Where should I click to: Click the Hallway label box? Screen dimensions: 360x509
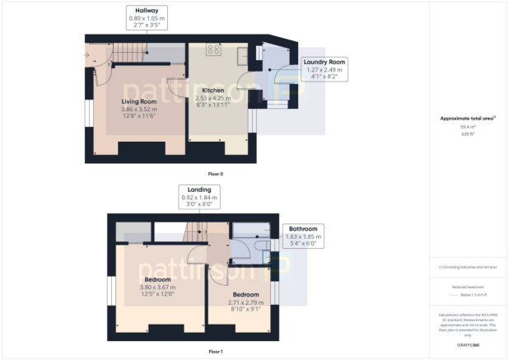tap(147, 18)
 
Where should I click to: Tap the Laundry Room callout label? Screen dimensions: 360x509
tap(325, 68)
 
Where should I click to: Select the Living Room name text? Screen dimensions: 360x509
tap(139, 101)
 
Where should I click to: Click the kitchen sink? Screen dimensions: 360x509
tap(242, 57)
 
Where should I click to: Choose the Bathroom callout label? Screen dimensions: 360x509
tap(302, 236)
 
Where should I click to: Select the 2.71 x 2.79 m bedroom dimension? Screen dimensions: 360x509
tap(245, 302)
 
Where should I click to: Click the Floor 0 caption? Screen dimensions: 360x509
tap(215, 174)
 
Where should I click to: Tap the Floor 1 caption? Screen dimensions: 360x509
tap(215, 351)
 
